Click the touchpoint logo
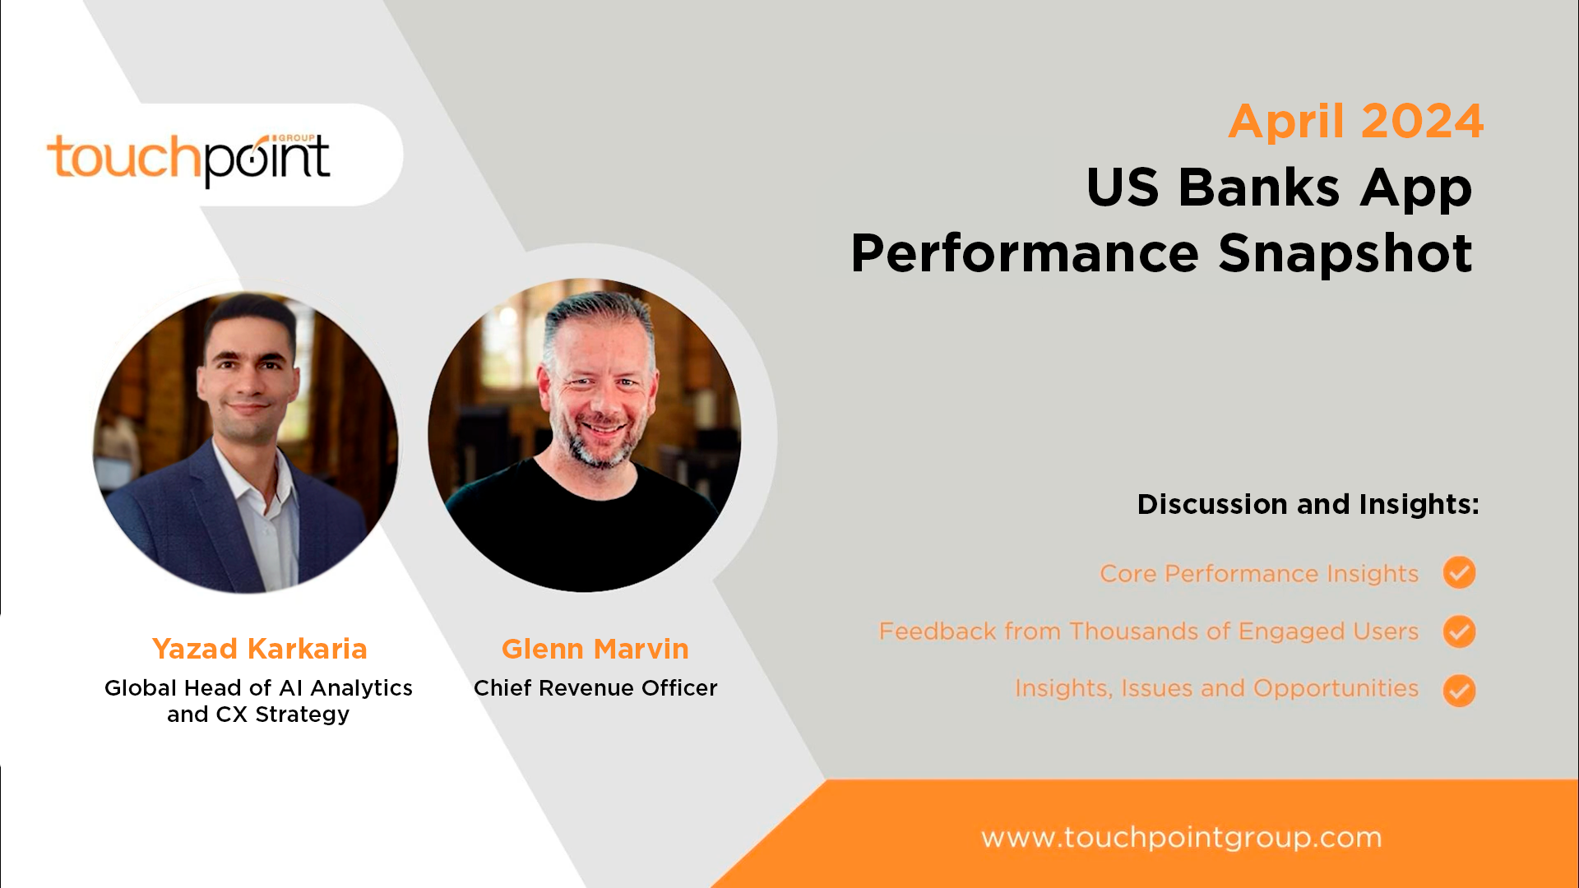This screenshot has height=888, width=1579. pyautogui.click(x=188, y=159)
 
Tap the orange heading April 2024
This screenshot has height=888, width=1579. pyautogui.click(x=1355, y=122)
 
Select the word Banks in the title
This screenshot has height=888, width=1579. pyautogui.click(x=1259, y=187)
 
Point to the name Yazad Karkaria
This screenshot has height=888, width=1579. pyautogui.click(x=259, y=649)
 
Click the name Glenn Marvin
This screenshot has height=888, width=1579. pyautogui.click(x=595, y=649)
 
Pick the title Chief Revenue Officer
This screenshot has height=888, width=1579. pyautogui.click(x=595, y=687)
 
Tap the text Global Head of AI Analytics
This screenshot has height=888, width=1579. pyautogui.click(x=258, y=687)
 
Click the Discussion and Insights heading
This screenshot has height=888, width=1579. pyautogui.click(x=1308, y=504)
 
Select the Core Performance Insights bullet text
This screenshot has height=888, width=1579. pyautogui.click(x=1259, y=573)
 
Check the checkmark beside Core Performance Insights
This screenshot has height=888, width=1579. pyautogui.click(x=1459, y=572)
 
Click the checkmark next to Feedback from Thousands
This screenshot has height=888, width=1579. pyautogui.click(x=1459, y=631)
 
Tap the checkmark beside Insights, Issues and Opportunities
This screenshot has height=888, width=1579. pyautogui.click(x=1459, y=691)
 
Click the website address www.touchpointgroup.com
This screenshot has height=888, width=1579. pyautogui.click(x=1181, y=838)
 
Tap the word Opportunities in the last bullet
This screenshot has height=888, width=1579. pyautogui.click(x=1336, y=689)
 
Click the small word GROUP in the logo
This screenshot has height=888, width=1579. pyautogui.click(x=296, y=137)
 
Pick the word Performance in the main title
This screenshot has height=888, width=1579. pyautogui.click(x=1025, y=253)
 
